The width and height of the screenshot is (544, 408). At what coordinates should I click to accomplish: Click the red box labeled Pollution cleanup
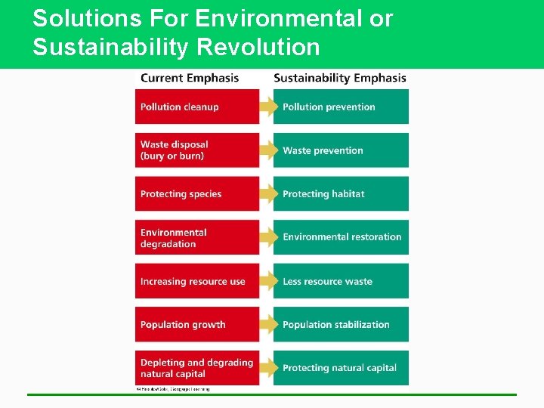(196, 107)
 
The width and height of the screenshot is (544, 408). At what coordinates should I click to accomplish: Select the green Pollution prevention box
(341, 107)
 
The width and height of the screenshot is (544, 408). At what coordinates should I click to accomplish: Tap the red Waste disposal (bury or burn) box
(196, 150)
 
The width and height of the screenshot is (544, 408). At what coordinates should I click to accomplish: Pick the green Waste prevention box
(341, 150)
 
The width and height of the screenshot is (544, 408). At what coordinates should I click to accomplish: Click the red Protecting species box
(196, 193)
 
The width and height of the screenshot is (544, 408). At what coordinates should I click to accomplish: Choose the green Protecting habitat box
(341, 193)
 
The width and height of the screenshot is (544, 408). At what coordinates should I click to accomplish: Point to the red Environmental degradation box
(196, 237)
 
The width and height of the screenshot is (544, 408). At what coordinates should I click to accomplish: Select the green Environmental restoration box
(341, 237)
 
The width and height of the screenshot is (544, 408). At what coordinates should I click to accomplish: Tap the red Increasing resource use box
(196, 281)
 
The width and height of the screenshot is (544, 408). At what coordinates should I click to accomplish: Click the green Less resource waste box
(341, 281)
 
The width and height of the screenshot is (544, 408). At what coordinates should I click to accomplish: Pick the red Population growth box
(196, 324)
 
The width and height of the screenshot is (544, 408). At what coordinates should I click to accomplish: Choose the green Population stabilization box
(341, 324)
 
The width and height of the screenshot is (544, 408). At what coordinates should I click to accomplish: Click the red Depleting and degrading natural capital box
(196, 368)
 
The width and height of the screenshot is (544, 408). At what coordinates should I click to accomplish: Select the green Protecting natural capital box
(341, 368)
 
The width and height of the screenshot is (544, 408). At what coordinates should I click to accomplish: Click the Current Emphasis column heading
(190, 78)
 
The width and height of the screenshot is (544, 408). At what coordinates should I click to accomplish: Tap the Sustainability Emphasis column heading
(340, 78)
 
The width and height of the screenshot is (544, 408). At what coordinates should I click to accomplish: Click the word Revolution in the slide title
(258, 48)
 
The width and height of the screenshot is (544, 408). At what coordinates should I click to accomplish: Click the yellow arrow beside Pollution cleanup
(268, 107)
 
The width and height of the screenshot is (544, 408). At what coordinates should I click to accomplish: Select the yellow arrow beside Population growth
(268, 324)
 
